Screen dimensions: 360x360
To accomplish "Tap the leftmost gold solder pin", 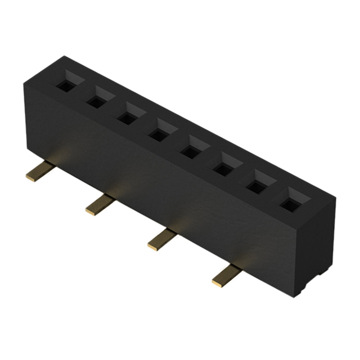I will point(39,172).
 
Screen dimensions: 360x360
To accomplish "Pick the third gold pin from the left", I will point(162,238).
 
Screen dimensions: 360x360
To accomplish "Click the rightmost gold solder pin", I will point(226,276).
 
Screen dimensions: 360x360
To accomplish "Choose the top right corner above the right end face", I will point(335,198).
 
